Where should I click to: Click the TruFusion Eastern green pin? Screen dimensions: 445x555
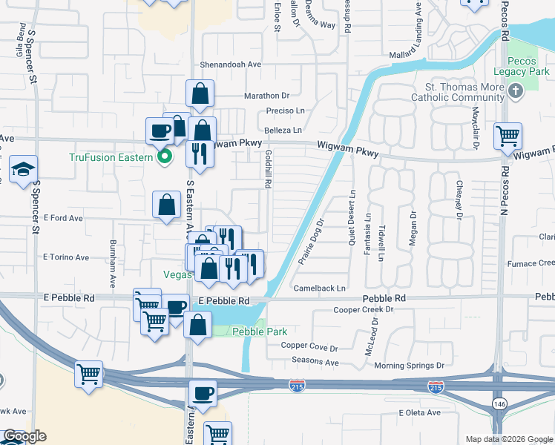point(165,156)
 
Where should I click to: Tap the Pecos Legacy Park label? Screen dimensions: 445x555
point(517,66)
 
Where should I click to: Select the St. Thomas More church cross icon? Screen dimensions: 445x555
point(513,90)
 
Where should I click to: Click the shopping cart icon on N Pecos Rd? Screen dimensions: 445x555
point(508,136)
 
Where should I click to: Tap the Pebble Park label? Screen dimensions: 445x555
point(259,332)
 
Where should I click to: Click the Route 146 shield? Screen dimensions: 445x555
point(496,401)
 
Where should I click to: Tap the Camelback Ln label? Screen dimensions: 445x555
point(320,288)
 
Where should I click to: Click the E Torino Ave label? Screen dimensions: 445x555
point(66,257)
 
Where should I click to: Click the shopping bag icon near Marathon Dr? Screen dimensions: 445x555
point(200,93)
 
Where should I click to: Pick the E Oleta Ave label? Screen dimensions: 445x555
point(421,412)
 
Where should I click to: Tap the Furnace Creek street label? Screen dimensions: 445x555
point(531,263)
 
